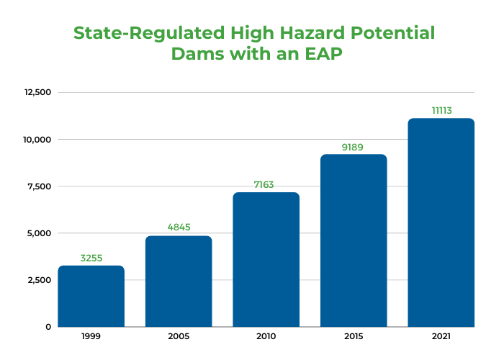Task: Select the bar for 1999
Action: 91,296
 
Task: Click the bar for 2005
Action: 179,281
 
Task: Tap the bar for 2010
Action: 266,259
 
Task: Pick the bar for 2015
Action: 354,240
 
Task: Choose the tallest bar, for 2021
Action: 441,222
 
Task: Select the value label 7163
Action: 266,185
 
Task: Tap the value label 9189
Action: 354,147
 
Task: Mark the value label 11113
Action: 441,111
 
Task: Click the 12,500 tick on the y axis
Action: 37,92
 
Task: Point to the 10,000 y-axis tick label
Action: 37,139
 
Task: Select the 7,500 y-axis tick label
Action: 39,186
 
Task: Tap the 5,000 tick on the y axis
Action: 39,233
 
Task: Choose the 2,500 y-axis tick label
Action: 39,280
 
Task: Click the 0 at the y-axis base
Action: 48,327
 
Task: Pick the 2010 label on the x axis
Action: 266,337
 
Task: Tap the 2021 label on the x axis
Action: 441,337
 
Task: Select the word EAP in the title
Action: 315,54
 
